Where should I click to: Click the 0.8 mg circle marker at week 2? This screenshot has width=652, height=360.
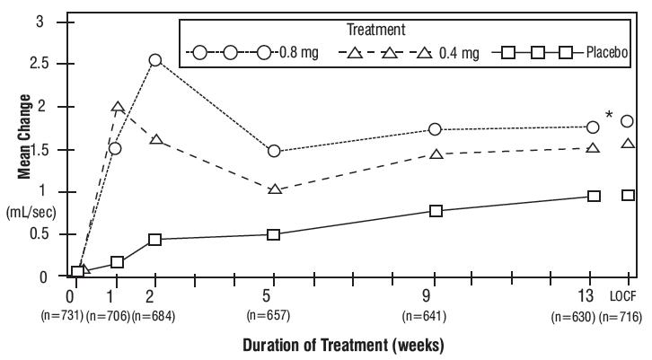click(155, 60)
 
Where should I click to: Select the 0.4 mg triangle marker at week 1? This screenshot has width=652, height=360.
click(117, 108)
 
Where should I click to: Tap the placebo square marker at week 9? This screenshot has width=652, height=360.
click(436, 211)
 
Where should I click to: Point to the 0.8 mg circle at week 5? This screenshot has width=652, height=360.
click(274, 152)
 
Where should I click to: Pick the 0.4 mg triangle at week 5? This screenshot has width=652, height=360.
click(274, 189)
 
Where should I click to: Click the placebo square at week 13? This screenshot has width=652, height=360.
click(594, 196)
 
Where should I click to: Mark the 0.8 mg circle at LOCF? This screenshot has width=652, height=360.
click(628, 121)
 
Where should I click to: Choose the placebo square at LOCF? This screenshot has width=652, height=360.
click(628, 195)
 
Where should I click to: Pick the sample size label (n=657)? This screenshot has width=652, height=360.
click(273, 314)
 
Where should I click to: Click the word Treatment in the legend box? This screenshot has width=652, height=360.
click(407, 31)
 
